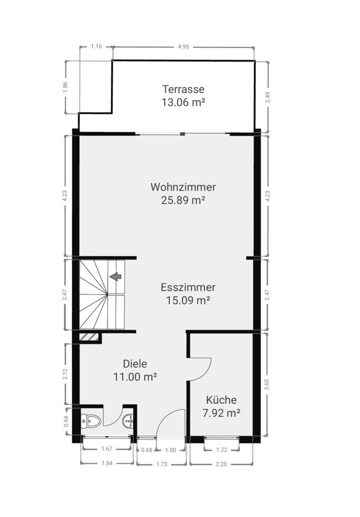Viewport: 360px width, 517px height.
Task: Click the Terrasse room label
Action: coord(183,89)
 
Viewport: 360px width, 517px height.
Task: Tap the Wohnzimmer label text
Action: coord(183,187)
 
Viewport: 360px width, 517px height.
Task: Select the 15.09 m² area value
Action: coord(188,300)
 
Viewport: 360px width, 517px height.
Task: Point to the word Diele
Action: coord(135,364)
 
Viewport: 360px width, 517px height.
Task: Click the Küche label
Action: coord(221,400)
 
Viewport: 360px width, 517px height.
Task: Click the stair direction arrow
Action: coord(115,276)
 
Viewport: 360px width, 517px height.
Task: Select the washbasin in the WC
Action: coord(129,421)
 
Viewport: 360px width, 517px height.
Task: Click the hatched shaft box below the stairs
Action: coord(89,337)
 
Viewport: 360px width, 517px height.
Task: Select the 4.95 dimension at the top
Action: coord(184,47)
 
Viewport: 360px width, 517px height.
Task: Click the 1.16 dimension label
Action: coord(96,46)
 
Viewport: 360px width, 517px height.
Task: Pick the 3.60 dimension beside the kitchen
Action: coord(267,384)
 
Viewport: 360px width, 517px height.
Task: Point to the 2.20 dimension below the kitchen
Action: coord(221,464)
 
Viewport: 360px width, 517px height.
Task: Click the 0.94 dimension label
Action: coord(66,421)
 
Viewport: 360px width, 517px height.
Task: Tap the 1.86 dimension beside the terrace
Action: coord(65,88)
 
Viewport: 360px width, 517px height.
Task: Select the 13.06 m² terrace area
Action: coord(183,102)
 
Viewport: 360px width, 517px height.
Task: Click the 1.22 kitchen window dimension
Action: coord(222,450)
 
